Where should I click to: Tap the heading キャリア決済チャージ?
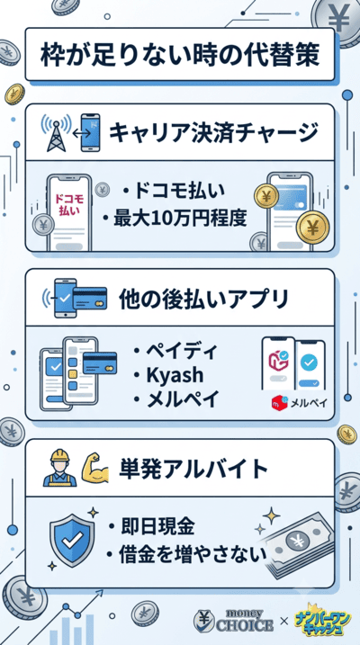[213, 133]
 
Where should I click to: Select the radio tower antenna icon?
[56, 132]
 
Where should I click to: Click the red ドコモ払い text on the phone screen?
[69, 204]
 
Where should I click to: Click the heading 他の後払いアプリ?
[203, 299]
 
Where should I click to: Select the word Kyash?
[175, 375]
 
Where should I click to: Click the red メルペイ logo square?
[280, 403]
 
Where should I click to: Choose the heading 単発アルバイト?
[193, 469]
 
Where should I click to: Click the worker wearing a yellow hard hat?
[60, 468]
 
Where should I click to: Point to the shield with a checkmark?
[72, 540]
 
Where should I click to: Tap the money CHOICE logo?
[233, 620]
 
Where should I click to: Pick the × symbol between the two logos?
[283, 621]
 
